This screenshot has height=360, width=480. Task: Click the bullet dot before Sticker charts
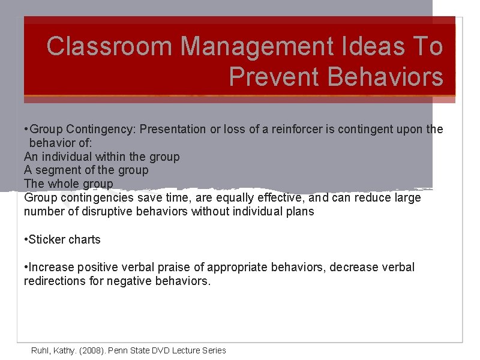click(26, 239)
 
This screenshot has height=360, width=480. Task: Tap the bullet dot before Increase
click(26, 267)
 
